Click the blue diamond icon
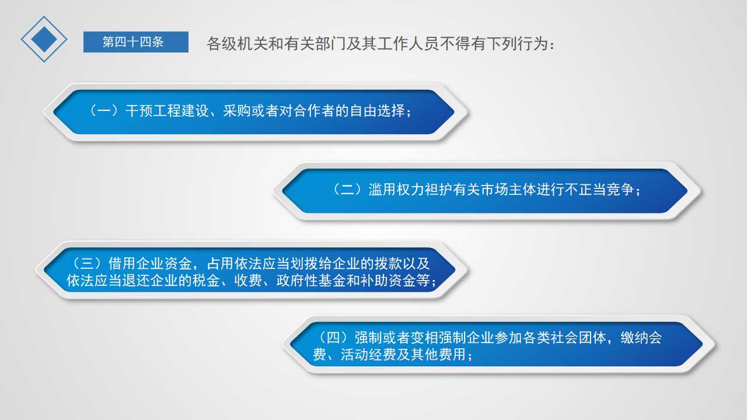click(x=44, y=39)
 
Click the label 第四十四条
click(x=133, y=42)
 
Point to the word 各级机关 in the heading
click(x=237, y=44)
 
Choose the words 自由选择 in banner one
click(x=377, y=111)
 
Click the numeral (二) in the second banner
click(x=347, y=190)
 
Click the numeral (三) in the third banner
click(x=87, y=263)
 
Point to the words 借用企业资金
click(x=150, y=263)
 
